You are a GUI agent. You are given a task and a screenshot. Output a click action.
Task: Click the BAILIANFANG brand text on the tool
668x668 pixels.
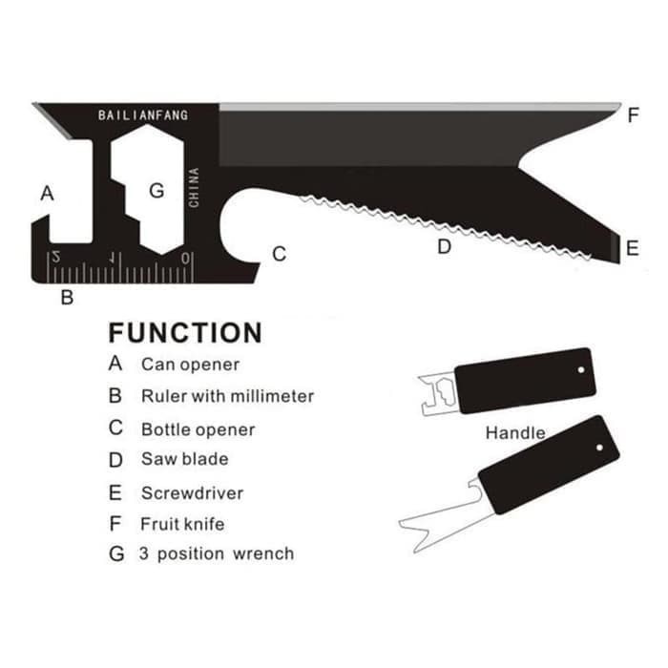tap(143, 115)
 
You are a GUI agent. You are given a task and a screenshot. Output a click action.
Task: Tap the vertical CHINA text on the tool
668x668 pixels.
tap(194, 187)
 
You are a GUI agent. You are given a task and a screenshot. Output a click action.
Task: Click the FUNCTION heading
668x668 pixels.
tap(185, 333)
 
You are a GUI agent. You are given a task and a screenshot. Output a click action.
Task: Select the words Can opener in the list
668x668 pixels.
tap(190, 365)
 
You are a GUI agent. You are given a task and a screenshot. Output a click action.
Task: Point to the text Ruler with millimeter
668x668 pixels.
tap(227, 396)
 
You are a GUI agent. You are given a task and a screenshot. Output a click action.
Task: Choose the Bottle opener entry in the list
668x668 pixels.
tap(198, 429)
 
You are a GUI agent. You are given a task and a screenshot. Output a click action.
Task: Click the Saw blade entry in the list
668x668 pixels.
tap(185, 459)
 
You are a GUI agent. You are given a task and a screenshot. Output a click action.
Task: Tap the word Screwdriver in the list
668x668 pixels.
tap(192, 493)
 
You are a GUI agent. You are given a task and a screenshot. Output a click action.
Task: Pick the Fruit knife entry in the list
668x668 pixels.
tap(182, 524)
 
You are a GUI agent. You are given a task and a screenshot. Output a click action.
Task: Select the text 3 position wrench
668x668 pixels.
tap(217, 553)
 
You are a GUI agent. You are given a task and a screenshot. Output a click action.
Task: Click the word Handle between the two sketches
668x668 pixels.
tap(515, 433)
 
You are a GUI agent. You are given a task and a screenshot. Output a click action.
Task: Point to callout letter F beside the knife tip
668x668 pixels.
tap(634, 115)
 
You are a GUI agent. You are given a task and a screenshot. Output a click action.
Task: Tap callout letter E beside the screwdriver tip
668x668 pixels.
tap(633, 248)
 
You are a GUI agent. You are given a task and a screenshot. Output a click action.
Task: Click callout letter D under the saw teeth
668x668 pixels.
tap(444, 246)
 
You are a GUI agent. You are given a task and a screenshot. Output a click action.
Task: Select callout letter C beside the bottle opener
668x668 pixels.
tap(279, 254)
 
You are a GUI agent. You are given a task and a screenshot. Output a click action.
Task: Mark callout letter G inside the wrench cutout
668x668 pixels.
tap(157, 191)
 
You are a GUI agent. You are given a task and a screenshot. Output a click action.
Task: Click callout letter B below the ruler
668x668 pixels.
tap(68, 297)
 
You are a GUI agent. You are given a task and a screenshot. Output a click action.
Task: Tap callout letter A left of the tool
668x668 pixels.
tap(48, 194)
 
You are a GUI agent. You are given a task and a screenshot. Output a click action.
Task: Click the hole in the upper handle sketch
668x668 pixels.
tap(581, 370)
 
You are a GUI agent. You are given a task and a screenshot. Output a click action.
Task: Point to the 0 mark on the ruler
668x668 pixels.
tap(185, 259)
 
